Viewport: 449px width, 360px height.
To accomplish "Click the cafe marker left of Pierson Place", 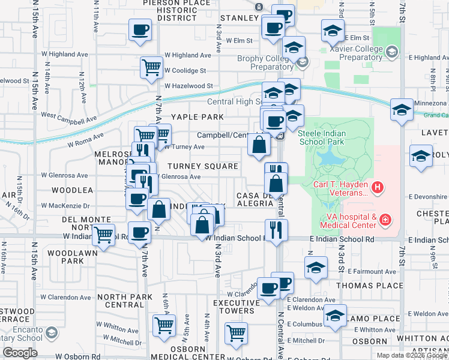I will pyautogui.click(x=139, y=29).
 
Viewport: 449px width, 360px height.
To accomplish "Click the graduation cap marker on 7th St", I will pyautogui.click(x=401, y=110).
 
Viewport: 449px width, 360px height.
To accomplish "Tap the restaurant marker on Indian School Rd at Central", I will pyautogui.click(x=276, y=229).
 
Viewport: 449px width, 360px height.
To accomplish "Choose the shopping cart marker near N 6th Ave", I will pyautogui.click(x=164, y=325).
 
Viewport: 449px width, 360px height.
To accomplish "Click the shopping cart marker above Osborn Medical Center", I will pyautogui.click(x=236, y=333).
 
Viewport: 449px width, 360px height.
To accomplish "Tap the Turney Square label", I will pyautogui.click(x=203, y=166).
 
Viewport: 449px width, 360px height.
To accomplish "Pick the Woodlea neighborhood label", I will pyautogui.click(x=73, y=190).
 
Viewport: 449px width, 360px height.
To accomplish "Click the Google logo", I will pyautogui.click(x=20, y=353).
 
